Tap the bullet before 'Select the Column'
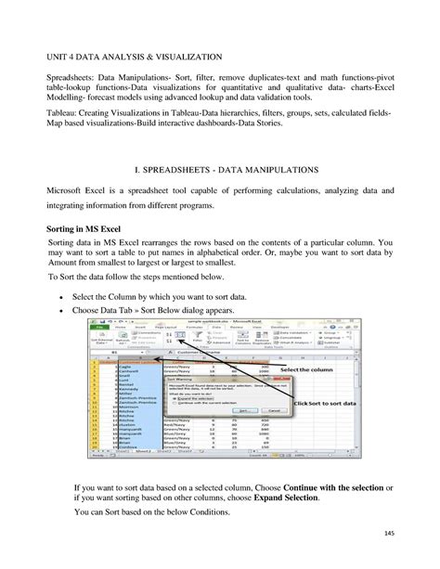[x=60, y=295]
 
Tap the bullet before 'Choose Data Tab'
[x=60, y=309]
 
